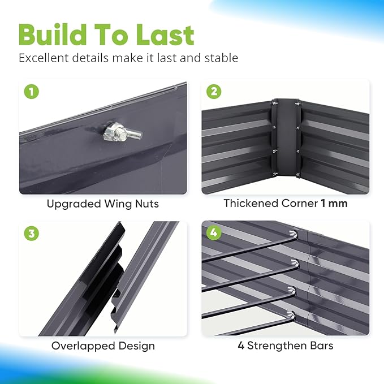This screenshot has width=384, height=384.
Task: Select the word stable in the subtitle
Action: click(220, 58)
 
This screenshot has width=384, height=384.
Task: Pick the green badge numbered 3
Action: click(32, 232)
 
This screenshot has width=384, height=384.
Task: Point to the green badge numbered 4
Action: click(214, 232)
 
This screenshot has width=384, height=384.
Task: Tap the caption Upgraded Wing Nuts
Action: click(103, 203)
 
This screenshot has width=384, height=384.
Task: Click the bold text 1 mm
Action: click(334, 203)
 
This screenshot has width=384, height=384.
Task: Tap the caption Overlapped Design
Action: click(103, 345)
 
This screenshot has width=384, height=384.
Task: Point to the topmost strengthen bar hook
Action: click(292, 233)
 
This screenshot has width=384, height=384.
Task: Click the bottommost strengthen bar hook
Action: click(291, 316)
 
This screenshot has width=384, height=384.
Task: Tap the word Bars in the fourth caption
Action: click(320, 345)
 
